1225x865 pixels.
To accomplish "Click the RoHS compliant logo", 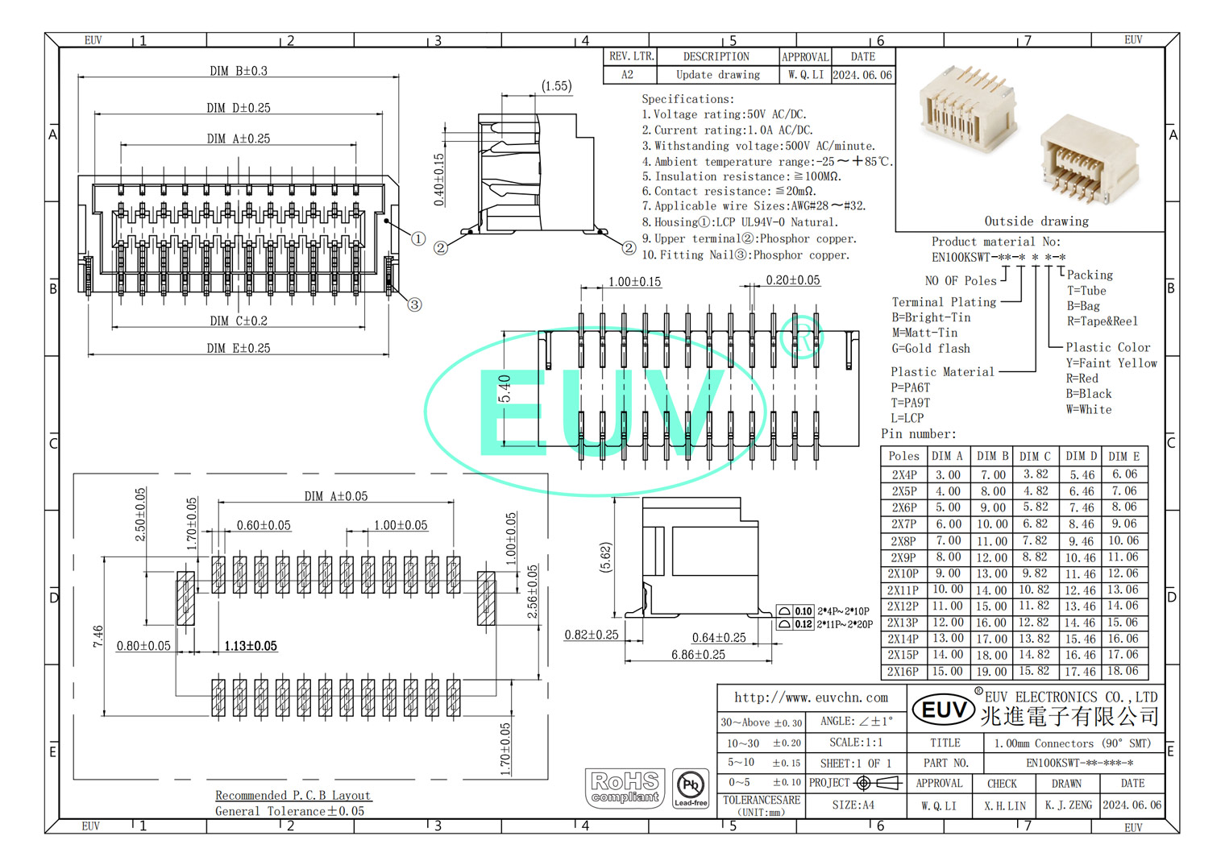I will click(x=625, y=787).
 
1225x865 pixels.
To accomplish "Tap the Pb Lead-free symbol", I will click(x=691, y=788).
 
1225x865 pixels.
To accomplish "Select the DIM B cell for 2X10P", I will click(x=991, y=573).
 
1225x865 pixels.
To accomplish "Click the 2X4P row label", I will click(x=903, y=475).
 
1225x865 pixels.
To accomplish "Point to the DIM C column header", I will click(x=1035, y=456).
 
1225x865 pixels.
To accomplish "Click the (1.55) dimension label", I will click(x=556, y=86).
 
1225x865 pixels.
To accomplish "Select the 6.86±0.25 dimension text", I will click(x=698, y=655).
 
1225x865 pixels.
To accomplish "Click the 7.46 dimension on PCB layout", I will click(x=98, y=635).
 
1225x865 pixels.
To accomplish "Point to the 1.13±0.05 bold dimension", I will click(x=251, y=646).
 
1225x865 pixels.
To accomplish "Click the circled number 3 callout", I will click(x=414, y=304).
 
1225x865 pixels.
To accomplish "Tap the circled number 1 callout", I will click(x=418, y=238).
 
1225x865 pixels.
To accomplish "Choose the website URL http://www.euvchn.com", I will click(x=811, y=697).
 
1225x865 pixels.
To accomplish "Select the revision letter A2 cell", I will click(x=628, y=75).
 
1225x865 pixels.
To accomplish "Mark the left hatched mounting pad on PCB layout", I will click(x=185, y=598).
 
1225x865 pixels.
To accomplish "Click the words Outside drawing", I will click(x=1036, y=221).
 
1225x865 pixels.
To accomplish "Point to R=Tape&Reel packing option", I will click(x=1102, y=321).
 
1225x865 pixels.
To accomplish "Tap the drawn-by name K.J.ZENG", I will click(x=1068, y=805).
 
